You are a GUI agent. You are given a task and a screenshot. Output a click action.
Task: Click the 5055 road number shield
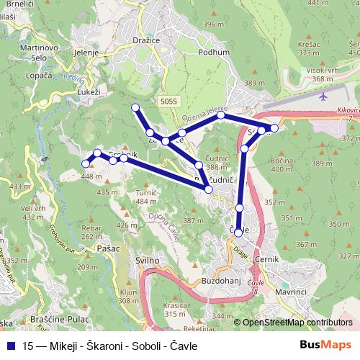tap(169, 102)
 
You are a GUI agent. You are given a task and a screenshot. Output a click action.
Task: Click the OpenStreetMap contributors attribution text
tap(297, 323)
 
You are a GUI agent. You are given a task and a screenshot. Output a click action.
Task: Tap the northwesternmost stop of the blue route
tap(135, 108)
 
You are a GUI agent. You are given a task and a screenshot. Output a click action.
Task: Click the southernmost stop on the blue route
tap(238, 232)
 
